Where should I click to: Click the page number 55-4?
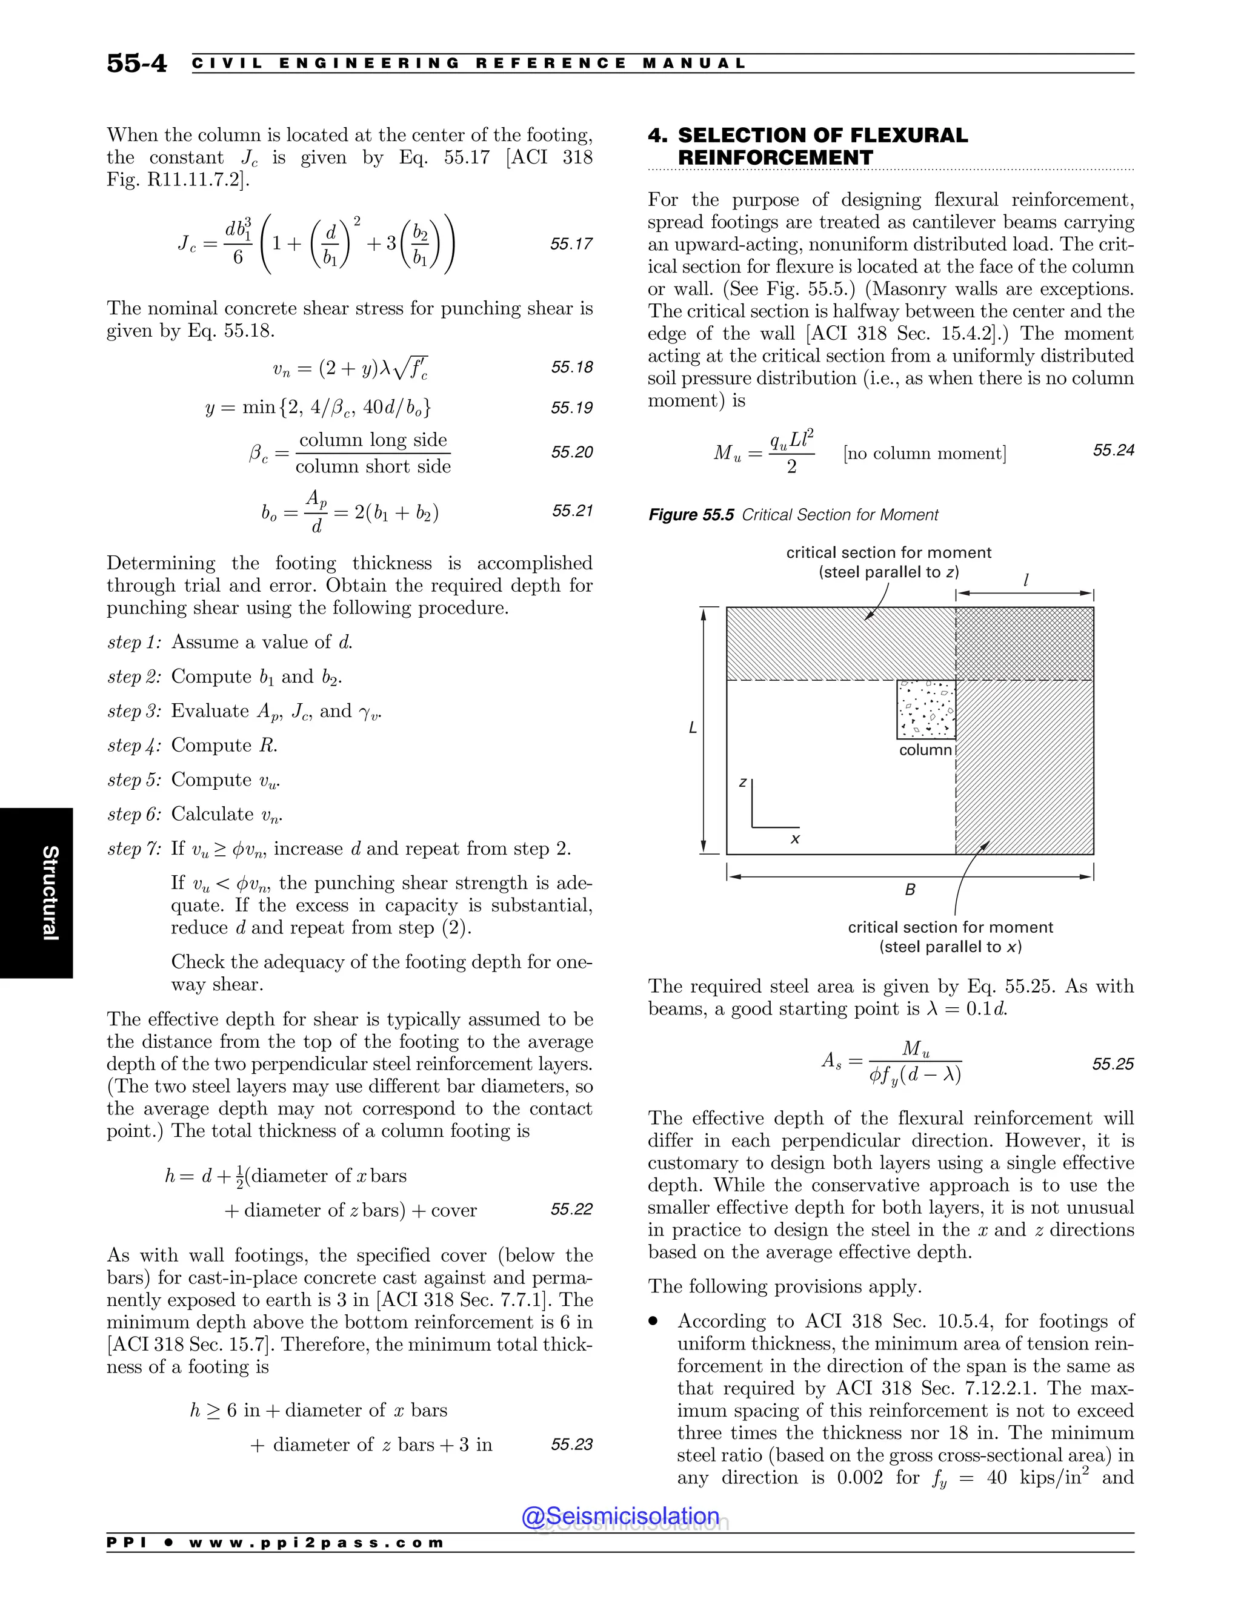click(x=137, y=63)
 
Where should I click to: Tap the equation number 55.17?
click(x=571, y=244)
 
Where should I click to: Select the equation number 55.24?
click(x=1113, y=450)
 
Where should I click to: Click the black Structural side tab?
click(x=37, y=892)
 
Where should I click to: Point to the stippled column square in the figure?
click(x=926, y=709)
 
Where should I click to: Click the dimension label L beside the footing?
click(x=693, y=728)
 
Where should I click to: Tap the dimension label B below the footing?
click(x=910, y=890)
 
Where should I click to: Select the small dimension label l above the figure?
click(x=1026, y=581)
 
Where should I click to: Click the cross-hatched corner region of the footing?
click(x=1024, y=643)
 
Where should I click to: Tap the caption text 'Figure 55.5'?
click(x=690, y=515)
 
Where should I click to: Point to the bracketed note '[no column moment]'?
click(x=925, y=454)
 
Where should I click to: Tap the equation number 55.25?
click(x=1113, y=1064)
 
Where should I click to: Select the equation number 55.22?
click(x=571, y=1209)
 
